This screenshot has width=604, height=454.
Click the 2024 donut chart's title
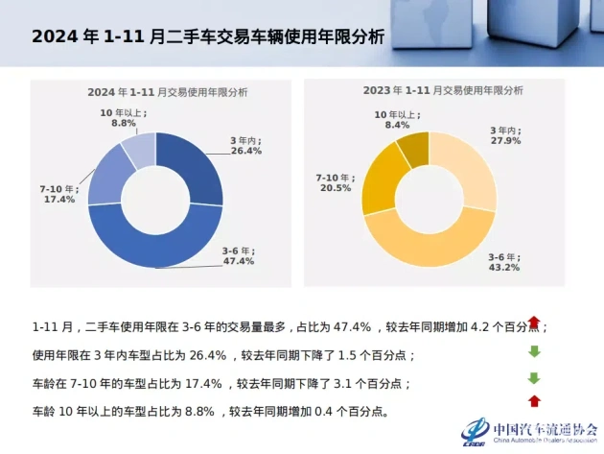point(167,92)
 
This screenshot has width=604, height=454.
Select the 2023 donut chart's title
point(443,90)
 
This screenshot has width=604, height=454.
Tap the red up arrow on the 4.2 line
point(534,323)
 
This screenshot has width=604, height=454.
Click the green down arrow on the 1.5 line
point(534,351)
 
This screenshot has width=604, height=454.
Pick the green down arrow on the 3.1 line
point(534,378)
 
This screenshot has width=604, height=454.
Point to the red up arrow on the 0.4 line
point(534,401)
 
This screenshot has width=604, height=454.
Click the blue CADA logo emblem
point(475,432)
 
